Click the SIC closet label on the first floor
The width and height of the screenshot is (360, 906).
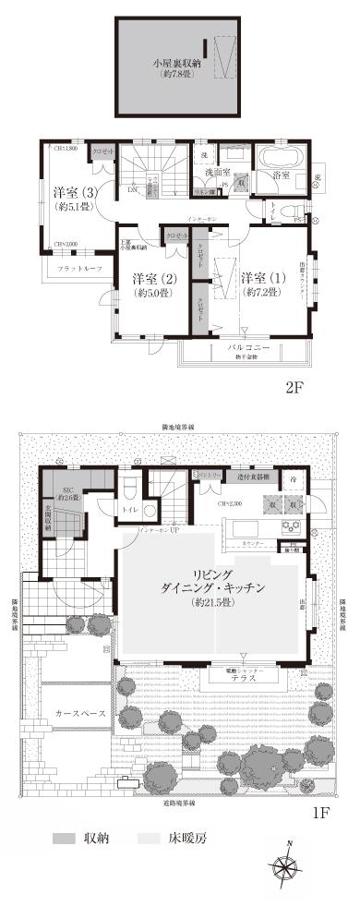[66, 491]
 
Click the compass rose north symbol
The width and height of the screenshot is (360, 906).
[286, 864]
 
